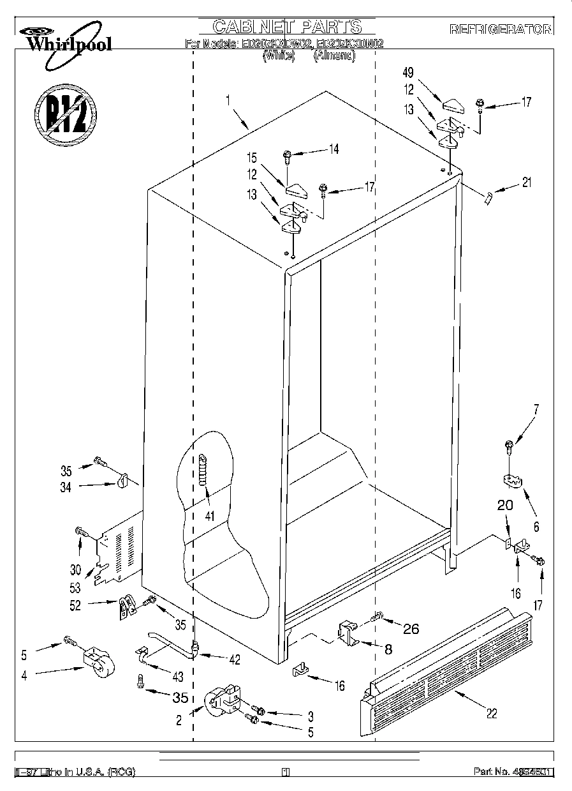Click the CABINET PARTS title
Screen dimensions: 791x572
coord(287,26)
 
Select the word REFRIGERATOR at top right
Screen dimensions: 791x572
coord(501,29)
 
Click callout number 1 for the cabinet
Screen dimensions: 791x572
coord(228,100)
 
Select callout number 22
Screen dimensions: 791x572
coord(491,713)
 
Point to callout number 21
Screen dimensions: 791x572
coord(526,183)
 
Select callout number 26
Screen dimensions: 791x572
coord(411,628)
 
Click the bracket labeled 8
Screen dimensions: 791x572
coord(348,634)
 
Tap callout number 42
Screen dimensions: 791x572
coord(235,660)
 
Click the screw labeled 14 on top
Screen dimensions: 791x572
coord(287,154)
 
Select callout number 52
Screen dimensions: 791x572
coord(76,605)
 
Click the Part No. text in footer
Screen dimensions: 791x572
coord(513,772)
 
